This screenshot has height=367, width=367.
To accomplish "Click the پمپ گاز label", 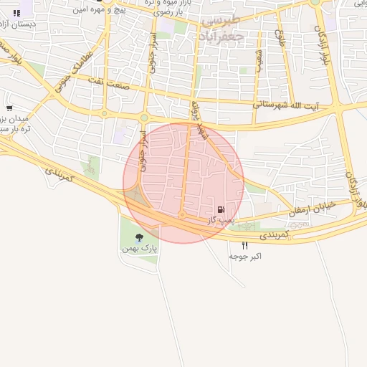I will pos(221,221).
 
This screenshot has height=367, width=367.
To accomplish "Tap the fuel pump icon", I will pos(221,211).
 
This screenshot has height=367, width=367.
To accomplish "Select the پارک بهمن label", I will pos(139,247).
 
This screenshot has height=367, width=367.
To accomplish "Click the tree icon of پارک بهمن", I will pos(139,237).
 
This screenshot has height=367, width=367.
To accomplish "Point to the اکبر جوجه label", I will pos(245,256).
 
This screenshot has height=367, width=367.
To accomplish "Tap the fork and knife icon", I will pos(245,246).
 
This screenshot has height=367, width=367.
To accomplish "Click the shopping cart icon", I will pos(9,108).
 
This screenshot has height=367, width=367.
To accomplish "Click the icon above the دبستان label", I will pos(16,12).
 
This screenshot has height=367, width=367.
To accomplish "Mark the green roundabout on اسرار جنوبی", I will pos(143,118).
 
